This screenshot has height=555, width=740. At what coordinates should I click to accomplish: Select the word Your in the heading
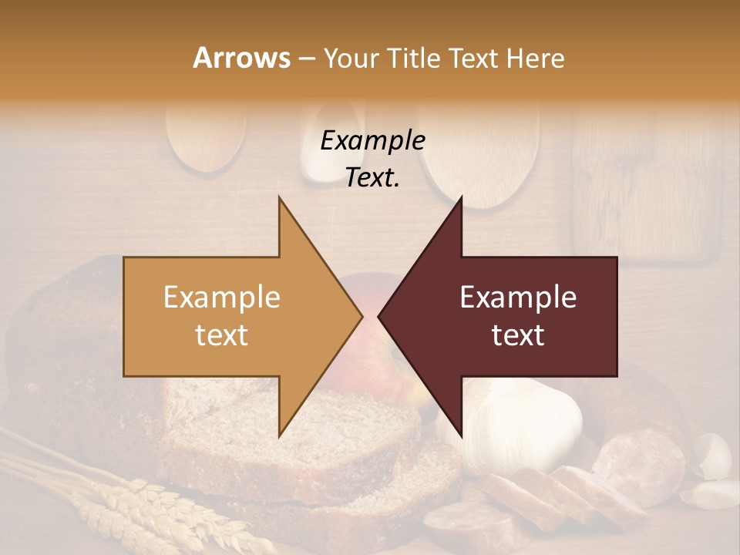point(351,59)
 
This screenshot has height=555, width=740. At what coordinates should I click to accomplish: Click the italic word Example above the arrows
point(372,140)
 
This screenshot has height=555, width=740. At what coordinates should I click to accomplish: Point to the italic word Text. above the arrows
point(372,178)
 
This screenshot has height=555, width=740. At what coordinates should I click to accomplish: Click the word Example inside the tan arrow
point(222,298)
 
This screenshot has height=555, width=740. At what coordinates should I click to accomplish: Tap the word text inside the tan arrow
point(222,335)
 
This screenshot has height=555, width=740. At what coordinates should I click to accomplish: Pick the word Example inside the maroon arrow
point(518,298)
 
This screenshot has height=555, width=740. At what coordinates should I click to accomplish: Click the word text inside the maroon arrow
point(518,335)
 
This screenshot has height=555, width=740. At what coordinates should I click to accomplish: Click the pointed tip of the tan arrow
point(361,316)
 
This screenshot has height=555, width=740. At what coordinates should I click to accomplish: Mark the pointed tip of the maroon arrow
point(380,316)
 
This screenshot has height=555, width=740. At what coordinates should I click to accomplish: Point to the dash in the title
point(306,59)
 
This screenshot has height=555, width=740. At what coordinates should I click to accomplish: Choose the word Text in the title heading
point(474,59)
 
